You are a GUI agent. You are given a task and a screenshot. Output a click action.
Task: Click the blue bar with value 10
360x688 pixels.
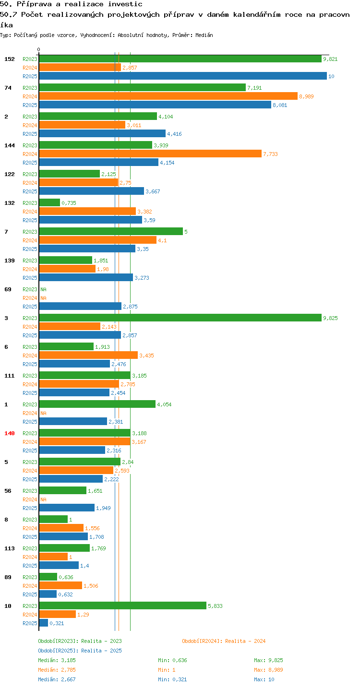183,76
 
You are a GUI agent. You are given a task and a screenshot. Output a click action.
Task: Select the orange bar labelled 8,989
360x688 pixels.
168,96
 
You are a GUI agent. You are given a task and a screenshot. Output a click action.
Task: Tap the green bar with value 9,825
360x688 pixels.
180,318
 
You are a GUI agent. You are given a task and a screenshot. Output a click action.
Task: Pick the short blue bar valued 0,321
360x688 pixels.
44,623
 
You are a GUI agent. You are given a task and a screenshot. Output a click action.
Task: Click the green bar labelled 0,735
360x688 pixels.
49,203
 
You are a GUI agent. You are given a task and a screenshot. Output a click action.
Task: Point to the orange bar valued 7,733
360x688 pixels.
151,154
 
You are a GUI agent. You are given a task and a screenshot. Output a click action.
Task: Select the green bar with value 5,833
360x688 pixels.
123,605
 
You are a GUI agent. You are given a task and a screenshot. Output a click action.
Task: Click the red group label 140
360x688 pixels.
10,433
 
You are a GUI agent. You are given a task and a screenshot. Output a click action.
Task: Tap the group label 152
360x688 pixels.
10,59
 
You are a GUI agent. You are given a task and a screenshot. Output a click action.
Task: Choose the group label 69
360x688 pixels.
8,289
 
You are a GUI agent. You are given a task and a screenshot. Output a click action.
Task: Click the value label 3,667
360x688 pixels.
153,191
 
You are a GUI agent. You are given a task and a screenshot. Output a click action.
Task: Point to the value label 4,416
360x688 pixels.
174,134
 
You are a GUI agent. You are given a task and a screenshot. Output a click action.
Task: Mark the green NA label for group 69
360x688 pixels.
43,289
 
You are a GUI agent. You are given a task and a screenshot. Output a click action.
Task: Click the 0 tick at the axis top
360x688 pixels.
38,49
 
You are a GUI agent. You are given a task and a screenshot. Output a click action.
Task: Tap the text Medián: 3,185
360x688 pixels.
57,660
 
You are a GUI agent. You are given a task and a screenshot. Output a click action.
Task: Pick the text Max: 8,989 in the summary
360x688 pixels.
268,670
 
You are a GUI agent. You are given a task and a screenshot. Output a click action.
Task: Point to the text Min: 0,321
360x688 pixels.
172,679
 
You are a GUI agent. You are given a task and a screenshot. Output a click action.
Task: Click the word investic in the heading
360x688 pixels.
125,4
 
